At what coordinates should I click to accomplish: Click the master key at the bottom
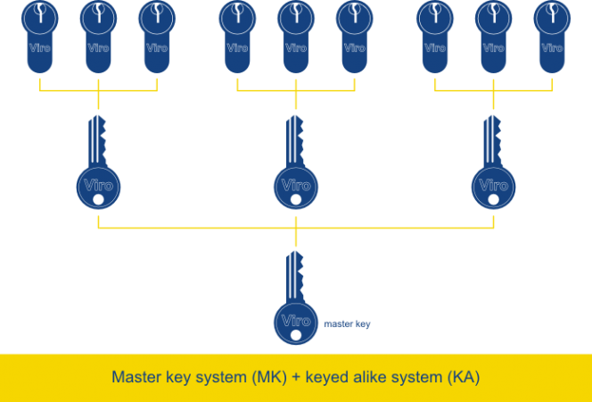click(295, 304)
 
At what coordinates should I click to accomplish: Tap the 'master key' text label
click(347, 324)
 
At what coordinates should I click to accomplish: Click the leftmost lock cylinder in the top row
click(39, 36)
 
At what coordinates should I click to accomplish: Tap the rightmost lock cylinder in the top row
click(552, 36)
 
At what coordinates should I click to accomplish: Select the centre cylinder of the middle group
click(296, 36)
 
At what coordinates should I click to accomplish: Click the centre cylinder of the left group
click(98, 36)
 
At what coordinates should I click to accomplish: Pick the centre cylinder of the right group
click(493, 36)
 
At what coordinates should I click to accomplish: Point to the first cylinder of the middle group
click(237, 36)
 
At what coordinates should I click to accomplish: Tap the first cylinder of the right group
click(435, 36)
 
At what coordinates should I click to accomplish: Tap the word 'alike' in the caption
click(367, 377)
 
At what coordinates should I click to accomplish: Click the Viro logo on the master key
click(295, 320)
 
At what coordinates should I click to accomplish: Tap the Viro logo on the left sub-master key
click(98, 185)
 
